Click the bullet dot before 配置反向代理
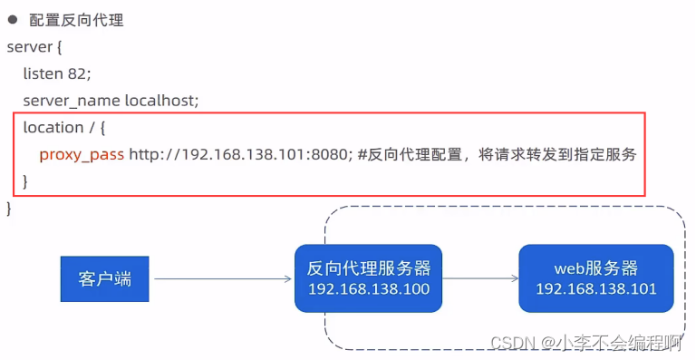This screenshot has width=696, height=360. click(13, 20)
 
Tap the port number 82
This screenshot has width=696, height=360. click(80, 73)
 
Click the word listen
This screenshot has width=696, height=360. click(43, 73)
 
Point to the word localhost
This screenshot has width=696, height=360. click(161, 100)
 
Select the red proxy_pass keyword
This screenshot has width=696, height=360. click(81, 154)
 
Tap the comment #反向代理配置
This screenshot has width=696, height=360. click(408, 154)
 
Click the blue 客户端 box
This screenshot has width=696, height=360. click(105, 278)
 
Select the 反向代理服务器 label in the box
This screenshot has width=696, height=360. click(368, 268)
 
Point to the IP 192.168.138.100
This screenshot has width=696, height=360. click(368, 289)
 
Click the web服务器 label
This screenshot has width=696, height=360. click(595, 268)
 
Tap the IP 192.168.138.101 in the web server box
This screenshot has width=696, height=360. click(595, 289)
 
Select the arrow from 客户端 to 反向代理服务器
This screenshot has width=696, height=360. click(222, 278)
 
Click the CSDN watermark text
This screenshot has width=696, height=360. click(585, 343)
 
